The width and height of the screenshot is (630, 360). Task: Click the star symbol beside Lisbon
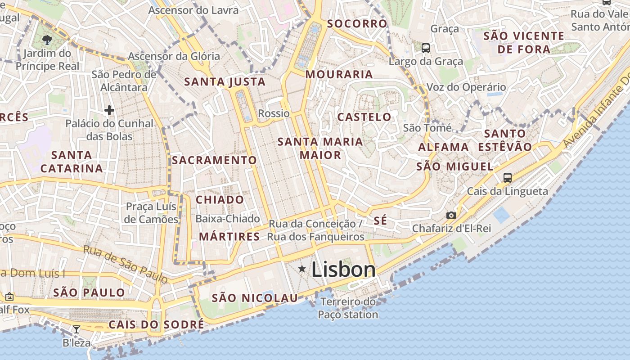pyautogui.click(x=302, y=269)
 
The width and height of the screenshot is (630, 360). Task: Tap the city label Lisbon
pyautogui.click(x=343, y=270)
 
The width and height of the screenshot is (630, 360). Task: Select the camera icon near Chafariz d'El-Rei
pyautogui.click(x=451, y=216)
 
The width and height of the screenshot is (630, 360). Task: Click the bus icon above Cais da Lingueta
pyautogui.click(x=508, y=178)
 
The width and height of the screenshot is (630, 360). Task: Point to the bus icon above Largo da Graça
pyautogui.click(x=425, y=48)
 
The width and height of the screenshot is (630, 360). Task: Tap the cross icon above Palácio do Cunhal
pyautogui.click(x=109, y=110)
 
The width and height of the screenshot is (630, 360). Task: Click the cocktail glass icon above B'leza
pyautogui.click(x=76, y=329)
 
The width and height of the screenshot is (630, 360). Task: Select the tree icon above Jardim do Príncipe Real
pyautogui.click(x=47, y=40)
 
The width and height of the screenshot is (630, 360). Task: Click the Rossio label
pyautogui.click(x=274, y=113)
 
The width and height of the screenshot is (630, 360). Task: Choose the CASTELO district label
pyautogui.click(x=364, y=117)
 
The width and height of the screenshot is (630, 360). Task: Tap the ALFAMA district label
pyautogui.click(x=444, y=147)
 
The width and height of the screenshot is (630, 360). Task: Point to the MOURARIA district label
pyautogui.click(x=339, y=75)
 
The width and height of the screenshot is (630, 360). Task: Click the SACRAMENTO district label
pyautogui.click(x=214, y=160)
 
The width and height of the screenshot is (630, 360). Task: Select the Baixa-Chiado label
pyautogui.click(x=228, y=219)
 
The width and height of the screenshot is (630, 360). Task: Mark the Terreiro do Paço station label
pyautogui.click(x=348, y=308)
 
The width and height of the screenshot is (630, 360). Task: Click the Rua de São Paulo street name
pyautogui.click(x=126, y=265)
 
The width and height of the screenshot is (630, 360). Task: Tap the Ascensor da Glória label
pyautogui.click(x=174, y=56)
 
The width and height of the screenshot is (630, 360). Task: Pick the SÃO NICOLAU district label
pyautogui.click(x=255, y=298)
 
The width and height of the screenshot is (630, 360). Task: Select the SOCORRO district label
pyautogui.click(x=357, y=24)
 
